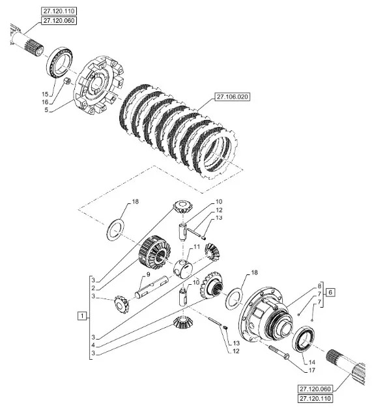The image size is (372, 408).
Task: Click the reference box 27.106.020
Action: pos(232,97)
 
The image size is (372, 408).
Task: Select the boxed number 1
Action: pos(82,316)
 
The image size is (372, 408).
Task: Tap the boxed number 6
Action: pos(330,292)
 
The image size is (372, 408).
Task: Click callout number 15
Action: pos(45,94)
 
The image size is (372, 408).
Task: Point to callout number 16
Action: pos(45,102)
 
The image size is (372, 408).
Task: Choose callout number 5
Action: pos(46,110)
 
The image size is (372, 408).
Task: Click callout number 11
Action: pos(197,246)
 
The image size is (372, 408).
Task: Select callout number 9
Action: pos(148,274)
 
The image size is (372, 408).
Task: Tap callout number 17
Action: pos(311,370)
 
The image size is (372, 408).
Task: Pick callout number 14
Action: pos(311,362)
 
